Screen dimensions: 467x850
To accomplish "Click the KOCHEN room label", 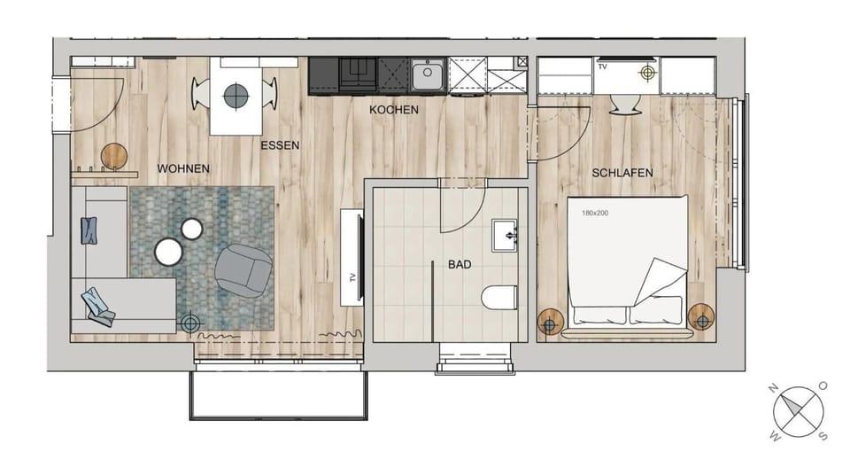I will pyautogui.click(x=394, y=110).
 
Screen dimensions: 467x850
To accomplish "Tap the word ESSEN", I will pyautogui.click(x=280, y=145).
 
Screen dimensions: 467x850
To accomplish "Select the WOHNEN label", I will pyautogui.click(x=183, y=168).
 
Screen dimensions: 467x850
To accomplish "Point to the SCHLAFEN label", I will pyautogui.click(x=622, y=173).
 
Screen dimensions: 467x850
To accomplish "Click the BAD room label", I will pyautogui.click(x=460, y=264).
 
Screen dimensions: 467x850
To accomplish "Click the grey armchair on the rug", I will pyautogui.click(x=242, y=269).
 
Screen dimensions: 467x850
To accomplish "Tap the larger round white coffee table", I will pyautogui.click(x=168, y=253).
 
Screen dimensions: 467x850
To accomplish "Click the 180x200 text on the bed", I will pyautogui.click(x=594, y=214).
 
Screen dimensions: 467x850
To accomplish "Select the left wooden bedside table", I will pyautogui.click(x=550, y=320).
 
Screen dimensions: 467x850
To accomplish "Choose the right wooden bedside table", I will pyautogui.click(x=700, y=315).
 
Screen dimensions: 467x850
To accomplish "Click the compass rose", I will pyautogui.click(x=798, y=412).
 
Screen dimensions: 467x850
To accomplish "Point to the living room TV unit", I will pyautogui.click(x=352, y=257).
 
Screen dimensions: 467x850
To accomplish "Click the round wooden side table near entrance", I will pyautogui.click(x=114, y=156).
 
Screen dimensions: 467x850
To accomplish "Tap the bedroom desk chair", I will pyautogui.click(x=627, y=104).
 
